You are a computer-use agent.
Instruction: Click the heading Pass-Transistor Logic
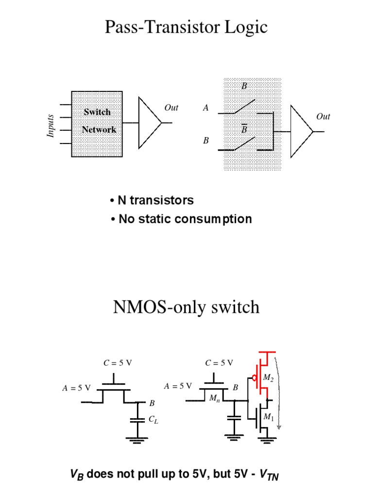tap(186, 27)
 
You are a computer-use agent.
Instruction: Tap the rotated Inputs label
tap(51, 126)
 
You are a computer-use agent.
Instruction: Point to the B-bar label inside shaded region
tap(244, 129)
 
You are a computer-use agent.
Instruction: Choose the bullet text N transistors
tap(152, 200)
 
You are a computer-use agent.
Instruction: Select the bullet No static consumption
tap(181, 219)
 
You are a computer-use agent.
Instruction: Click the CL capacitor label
tap(153, 419)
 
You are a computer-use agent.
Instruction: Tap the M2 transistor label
tap(268, 377)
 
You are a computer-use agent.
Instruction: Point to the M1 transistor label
tap(268, 417)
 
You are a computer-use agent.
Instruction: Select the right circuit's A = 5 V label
tap(179, 386)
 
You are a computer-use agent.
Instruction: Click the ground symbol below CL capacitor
tap(138, 440)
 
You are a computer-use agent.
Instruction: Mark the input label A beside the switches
tap(206, 108)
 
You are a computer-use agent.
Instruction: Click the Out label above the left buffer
tap(171, 107)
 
